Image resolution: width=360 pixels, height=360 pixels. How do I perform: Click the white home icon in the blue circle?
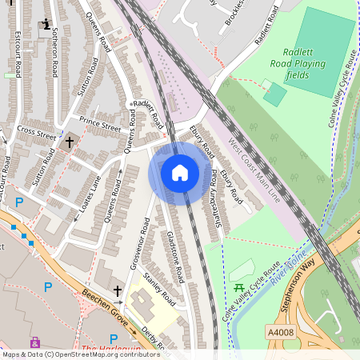[x=180, y=172]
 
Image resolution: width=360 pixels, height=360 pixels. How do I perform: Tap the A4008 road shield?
[x=278, y=330]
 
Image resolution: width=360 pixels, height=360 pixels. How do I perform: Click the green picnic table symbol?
[x=239, y=287]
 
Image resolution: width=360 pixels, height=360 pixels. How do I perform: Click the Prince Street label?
[x=100, y=125]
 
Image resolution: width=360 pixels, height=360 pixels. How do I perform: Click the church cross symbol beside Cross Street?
[x=70, y=142]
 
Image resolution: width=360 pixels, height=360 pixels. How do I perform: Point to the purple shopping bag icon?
[x=34, y=342]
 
